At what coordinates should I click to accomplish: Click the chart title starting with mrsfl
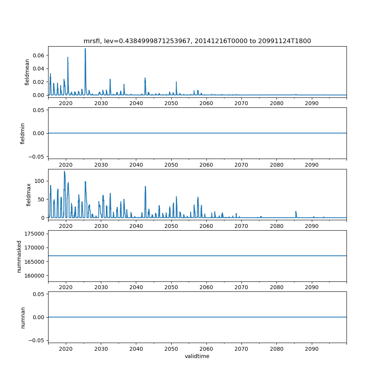click(x=197, y=41)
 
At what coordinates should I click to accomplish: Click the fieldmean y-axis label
click(x=27, y=72)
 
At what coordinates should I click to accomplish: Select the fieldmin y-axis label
click(x=22, y=133)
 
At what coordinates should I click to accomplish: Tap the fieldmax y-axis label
click(x=28, y=194)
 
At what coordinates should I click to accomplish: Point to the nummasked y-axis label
click(x=19, y=256)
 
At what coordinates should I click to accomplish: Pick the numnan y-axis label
click(x=22, y=317)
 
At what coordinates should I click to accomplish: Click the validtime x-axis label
click(x=197, y=356)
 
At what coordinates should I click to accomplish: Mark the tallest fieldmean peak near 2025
click(x=85, y=49)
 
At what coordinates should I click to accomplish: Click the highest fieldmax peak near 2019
click(x=64, y=171)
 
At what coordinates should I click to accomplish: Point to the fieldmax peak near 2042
click(x=145, y=187)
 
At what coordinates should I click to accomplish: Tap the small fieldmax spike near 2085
click(x=296, y=211)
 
